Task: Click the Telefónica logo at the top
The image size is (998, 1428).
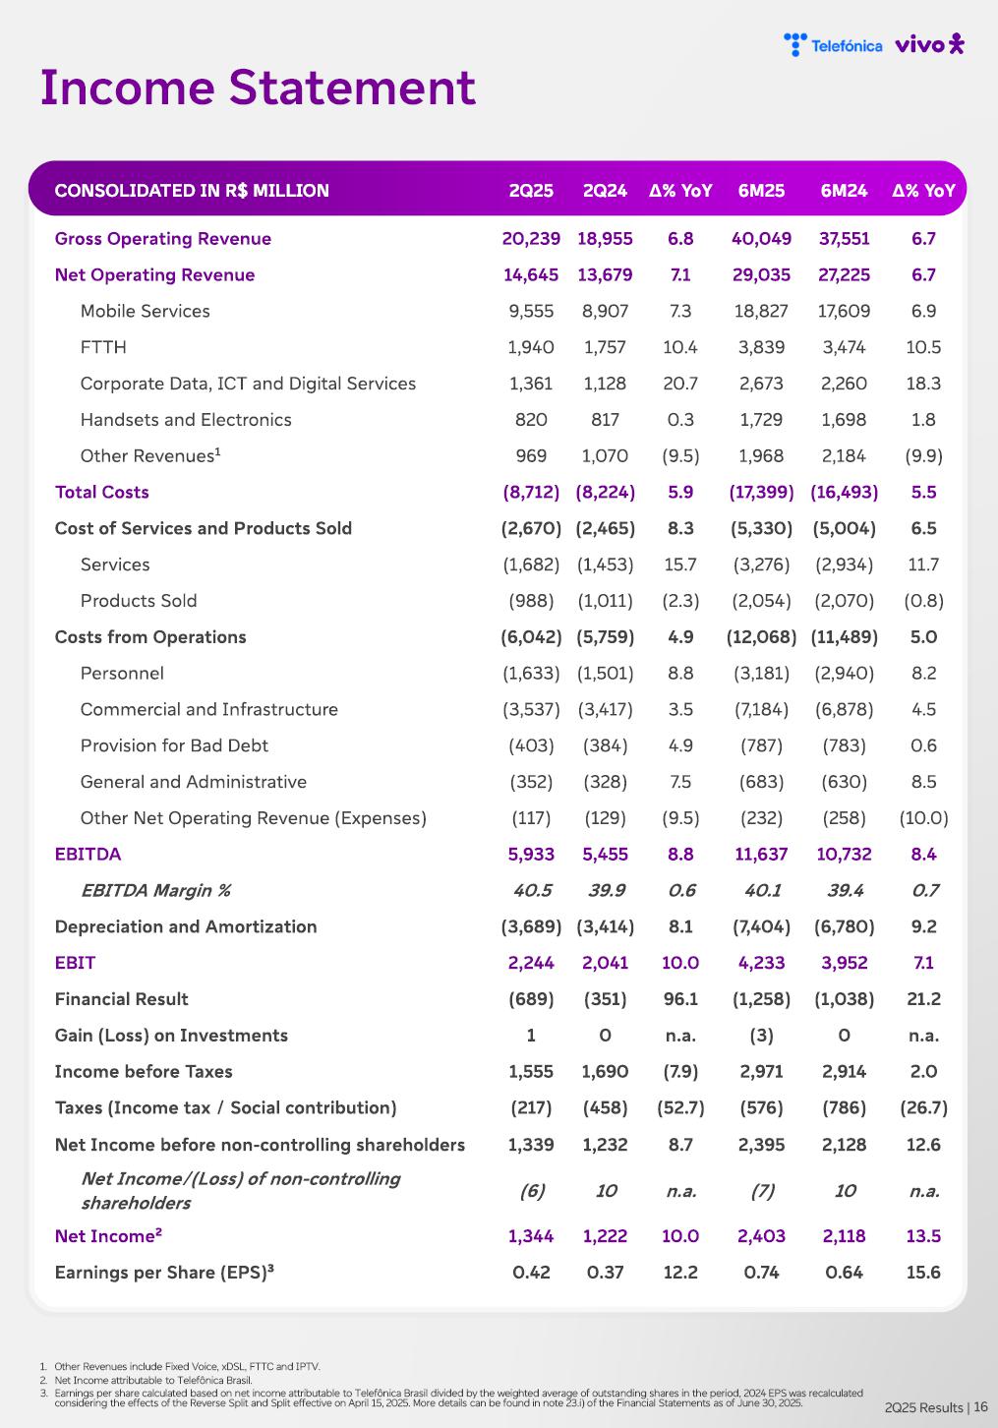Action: tap(833, 45)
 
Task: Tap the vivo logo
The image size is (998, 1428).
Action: tap(929, 44)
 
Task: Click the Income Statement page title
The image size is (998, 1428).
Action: tap(258, 88)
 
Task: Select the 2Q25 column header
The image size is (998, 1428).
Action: tap(531, 191)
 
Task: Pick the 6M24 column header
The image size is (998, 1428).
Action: tap(844, 191)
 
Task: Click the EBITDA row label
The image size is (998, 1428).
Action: tap(88, 854)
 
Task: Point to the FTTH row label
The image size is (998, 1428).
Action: tap(103, 347)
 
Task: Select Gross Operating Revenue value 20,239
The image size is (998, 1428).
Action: tap(531, 239)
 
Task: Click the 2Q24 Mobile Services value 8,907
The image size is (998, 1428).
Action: tap(605, 311)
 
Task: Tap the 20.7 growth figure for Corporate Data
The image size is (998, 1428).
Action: tap(680, 384)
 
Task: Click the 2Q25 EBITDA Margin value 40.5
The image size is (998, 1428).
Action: tap(532, 890)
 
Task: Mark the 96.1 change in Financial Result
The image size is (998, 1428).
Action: tap(680, 999)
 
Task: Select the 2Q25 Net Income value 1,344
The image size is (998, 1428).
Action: tap(531, 1236)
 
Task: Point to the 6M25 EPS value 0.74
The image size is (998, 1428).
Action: tap(761, 1273)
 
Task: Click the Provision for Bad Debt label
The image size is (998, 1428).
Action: tap(174, 745)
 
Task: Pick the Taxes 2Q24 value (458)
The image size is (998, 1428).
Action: tap(605, 1107)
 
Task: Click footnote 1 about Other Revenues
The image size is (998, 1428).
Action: tap(187, 1366)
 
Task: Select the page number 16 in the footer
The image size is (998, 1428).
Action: tap(980, 1407)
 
